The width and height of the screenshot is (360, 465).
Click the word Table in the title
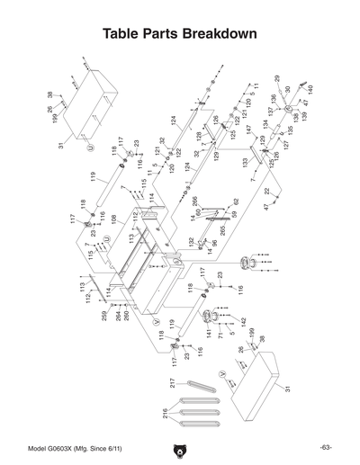[x=125, y=34]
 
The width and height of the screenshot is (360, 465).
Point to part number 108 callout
[x=114, y=219]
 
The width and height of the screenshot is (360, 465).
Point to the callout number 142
[x=242, y=321]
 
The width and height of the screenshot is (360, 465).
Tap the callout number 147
[x=249, y=130]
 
